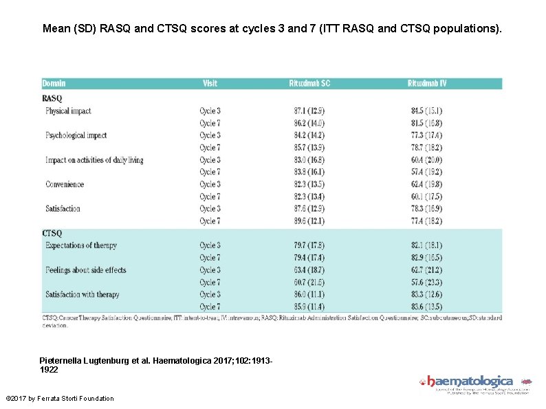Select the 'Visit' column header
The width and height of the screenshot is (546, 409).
(x=210, y=83)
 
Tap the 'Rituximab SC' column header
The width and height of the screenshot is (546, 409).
(x=309, y=83)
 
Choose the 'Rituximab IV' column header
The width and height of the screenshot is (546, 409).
(x=426, y=83)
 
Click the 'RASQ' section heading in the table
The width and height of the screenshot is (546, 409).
(x=52, y=98)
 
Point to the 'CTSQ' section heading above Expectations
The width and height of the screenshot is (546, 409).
(x=52, y=234)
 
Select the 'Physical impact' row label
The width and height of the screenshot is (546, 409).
(x=68, y=111)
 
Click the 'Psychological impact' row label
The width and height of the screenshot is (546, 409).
(x=76, y=135)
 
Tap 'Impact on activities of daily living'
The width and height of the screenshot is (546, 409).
(x=94, y=160)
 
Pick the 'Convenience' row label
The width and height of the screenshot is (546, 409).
(x=65, y=184)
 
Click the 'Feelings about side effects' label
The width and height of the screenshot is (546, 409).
(x=85, y=270)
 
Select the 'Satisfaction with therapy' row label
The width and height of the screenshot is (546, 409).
(x=82, y=295)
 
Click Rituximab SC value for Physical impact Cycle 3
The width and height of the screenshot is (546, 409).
(x=309, y=111)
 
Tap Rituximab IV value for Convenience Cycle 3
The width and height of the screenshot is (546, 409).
(x=426, y=184)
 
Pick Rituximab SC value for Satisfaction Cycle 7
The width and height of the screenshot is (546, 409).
(x=309, y=221)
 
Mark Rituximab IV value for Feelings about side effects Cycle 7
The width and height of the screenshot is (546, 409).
(x=426, y=283)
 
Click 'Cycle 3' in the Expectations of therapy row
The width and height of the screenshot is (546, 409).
(x=210, y=245)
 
